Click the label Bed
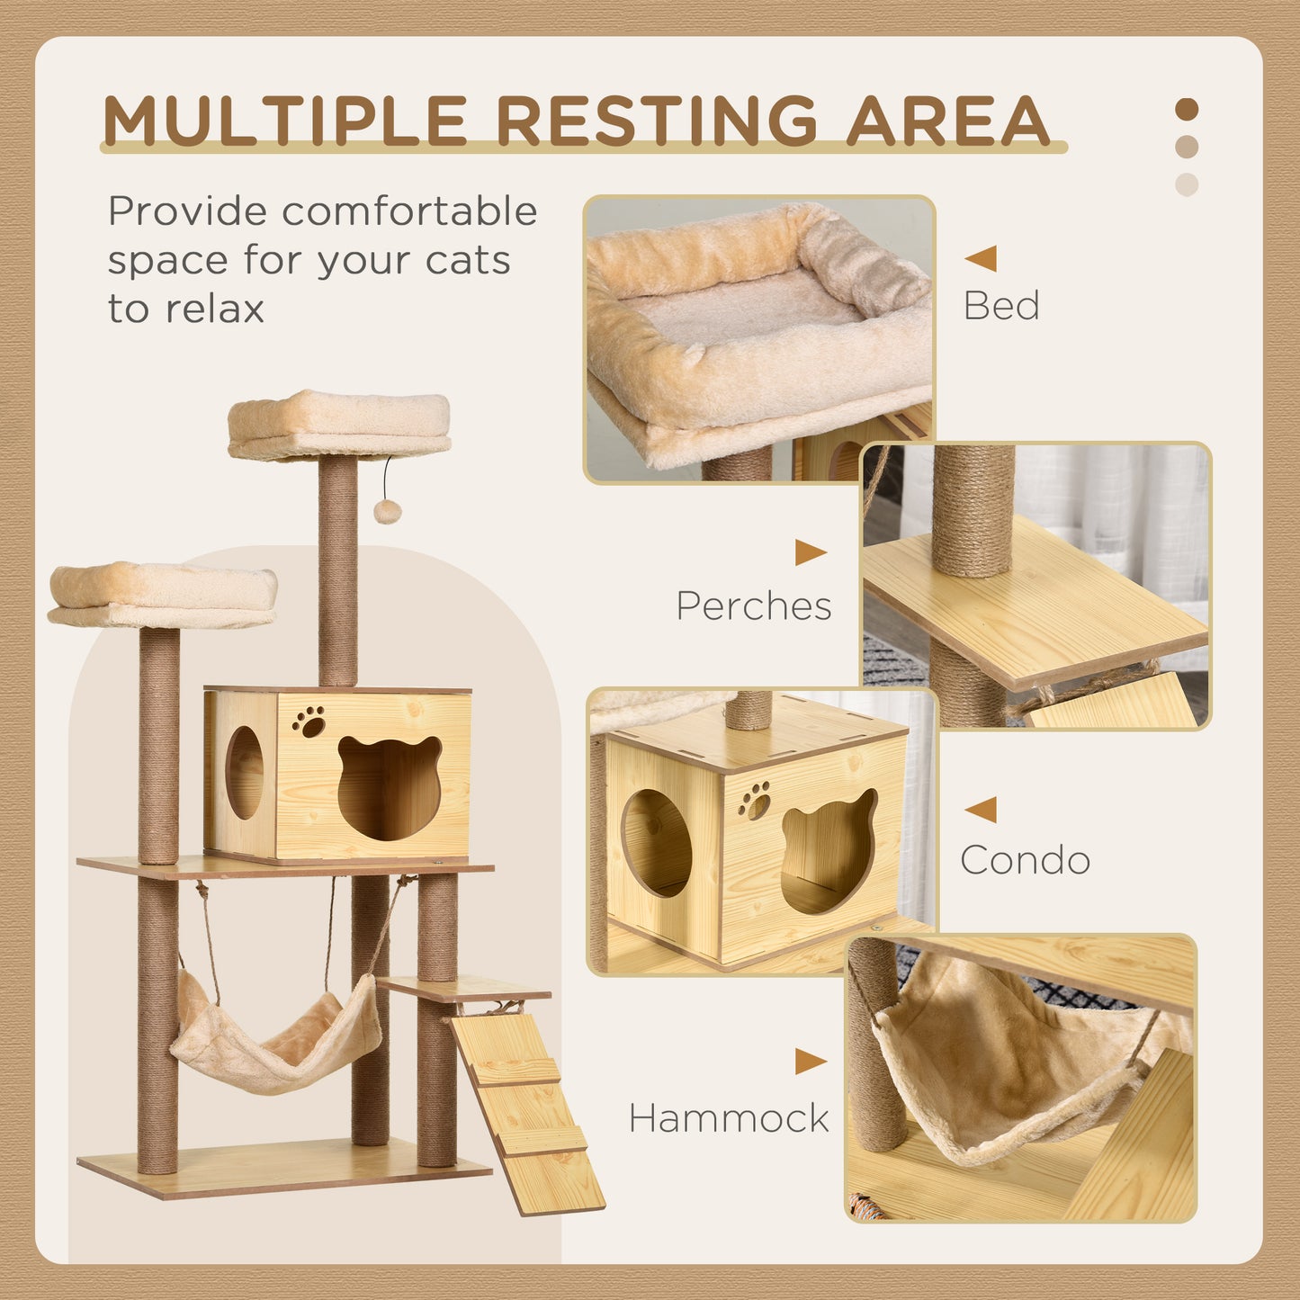click(1001, 306)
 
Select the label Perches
click(754, 606)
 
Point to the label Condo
click(1025, 860)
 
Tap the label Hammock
click(729, 1118)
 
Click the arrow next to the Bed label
click(981, 258)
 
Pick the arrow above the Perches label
click(810, 552)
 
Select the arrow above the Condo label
click(981, 810)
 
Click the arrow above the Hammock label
click(810, 1062)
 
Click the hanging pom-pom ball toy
click(387, 512)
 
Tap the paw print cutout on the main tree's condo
click(309, 722)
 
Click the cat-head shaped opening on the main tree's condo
click(390, 788)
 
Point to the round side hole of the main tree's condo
click(244, 772)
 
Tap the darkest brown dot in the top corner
click(1187, 110)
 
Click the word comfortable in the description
click(409, 212)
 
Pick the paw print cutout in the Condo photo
click(755, 800)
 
